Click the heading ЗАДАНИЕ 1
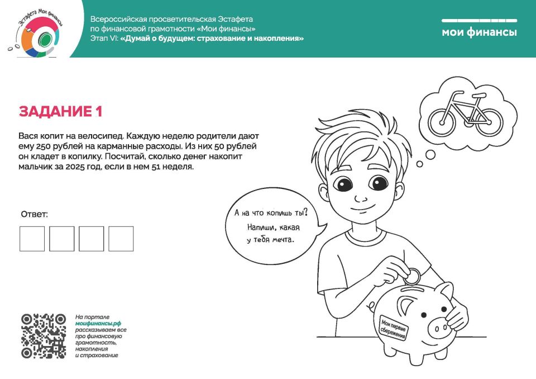(x=61, y=112)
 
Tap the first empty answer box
(x=32, y=239)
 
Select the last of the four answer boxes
(x=121, y=239)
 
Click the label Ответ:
(x=35, y=215)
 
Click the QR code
(x=44, y=336)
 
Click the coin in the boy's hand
(x=413, y=275)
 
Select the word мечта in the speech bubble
(x=282, y=240)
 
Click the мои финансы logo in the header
(x=479, y=32)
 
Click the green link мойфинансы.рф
(x=98, y=324)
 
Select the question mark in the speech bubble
(x=305, y=213)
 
